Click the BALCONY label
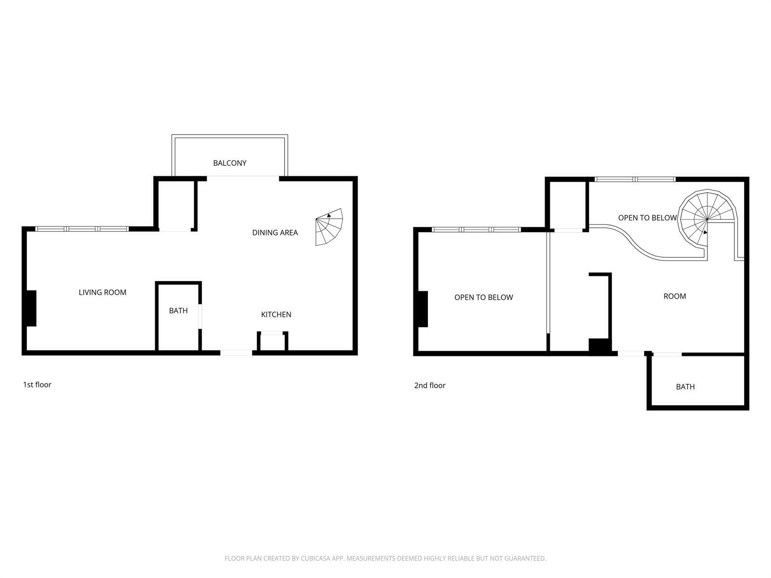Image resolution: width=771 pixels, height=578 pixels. tap(230, 163)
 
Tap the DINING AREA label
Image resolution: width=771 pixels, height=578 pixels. tap(275, 233)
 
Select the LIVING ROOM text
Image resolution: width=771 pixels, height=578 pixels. tap(102, 292)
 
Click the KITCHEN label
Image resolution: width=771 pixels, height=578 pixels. tap(276, 315)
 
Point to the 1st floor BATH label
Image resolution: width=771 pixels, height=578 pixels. tap(178, 311)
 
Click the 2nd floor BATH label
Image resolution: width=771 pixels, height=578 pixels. tap(685, 387)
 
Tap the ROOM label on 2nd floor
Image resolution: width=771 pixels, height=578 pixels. tap(675, 296)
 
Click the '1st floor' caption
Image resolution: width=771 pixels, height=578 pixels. tap(37, 384)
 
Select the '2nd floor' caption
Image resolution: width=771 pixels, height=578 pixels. tap(430, 385)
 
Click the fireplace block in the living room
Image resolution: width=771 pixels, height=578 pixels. tap(31, 308)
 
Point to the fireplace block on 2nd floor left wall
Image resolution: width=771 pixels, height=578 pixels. tap(423, 309)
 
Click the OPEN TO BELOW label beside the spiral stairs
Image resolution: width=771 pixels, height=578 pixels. tap(647, 218)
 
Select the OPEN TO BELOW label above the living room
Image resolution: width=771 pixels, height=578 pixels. tap(483, 297)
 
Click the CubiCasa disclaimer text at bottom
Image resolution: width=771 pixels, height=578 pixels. tap(385, 558)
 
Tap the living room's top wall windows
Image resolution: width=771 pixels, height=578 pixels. tap(82, 229)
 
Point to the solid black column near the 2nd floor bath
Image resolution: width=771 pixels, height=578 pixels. tap(599, 346)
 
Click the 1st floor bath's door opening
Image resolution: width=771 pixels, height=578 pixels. tap(200, 316)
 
